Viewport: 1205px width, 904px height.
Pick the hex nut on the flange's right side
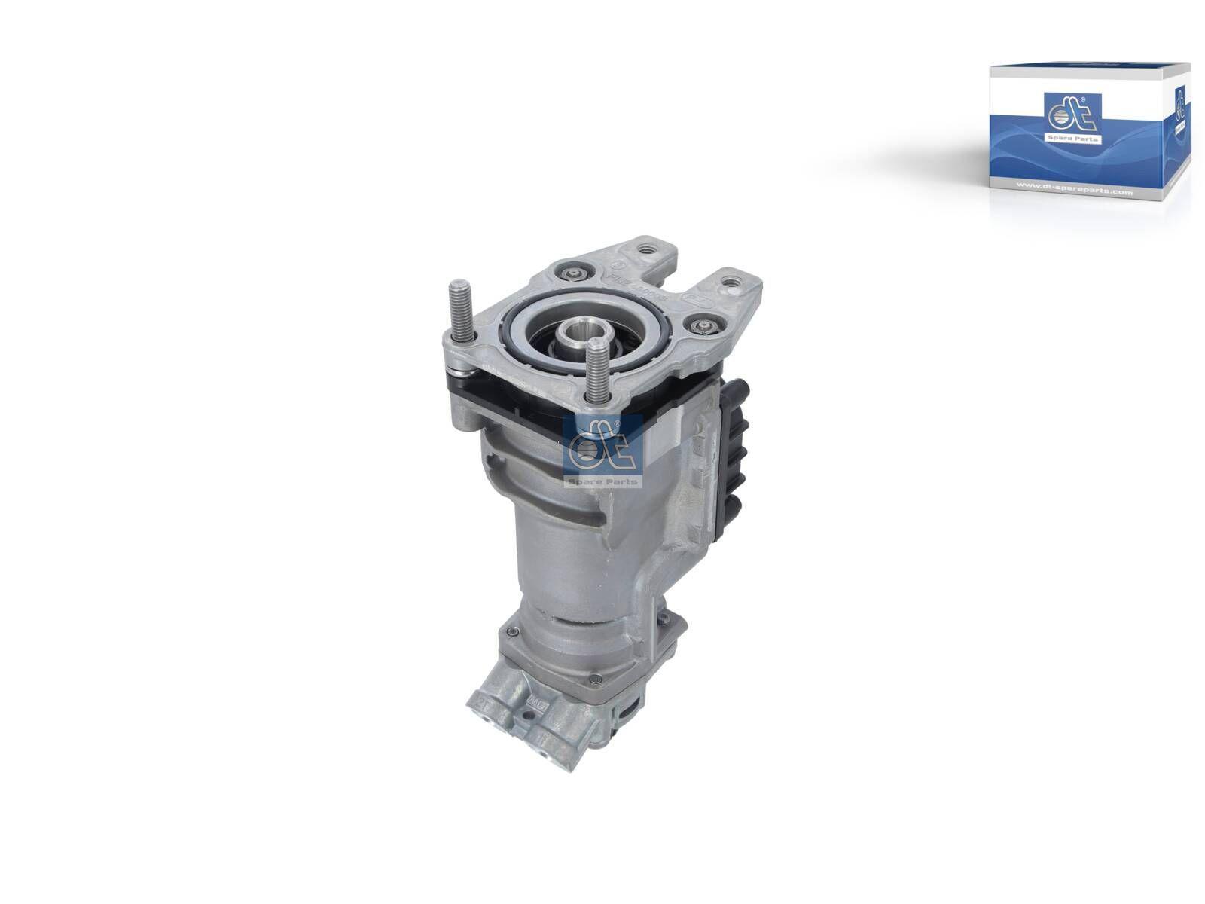(704, 325)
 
